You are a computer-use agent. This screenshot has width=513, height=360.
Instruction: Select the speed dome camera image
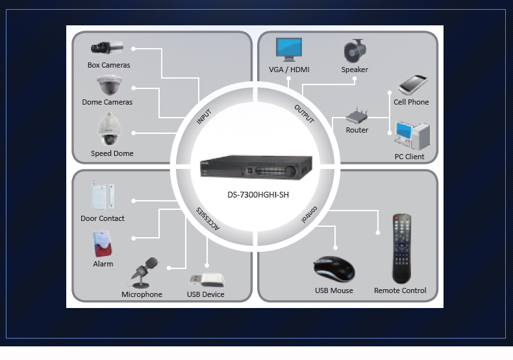[x=106, y=129]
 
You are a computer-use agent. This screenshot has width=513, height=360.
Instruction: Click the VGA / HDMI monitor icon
[x=289, y=49]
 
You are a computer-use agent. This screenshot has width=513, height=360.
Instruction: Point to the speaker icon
[x=355, y=51]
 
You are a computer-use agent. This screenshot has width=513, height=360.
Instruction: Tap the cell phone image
[x=412, y=85]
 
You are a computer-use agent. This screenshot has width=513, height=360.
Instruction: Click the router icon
[x=357, y=117]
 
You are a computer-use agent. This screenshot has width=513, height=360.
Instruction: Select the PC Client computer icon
[x=411, y=135]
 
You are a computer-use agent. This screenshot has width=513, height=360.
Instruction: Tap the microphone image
[x=143, y=272]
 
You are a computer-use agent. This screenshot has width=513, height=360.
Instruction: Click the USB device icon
[x=206, y=279]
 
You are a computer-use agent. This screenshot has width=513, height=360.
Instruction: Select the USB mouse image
[x=334, y=269]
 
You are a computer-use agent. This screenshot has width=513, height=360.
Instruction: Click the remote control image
[x=401, y=248]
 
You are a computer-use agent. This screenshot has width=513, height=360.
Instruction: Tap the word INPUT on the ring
[x=204, y=117]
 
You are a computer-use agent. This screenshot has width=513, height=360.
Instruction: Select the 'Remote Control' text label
[x=400, y=290]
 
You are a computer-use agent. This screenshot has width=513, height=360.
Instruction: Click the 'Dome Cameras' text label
[x=107, y=102]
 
